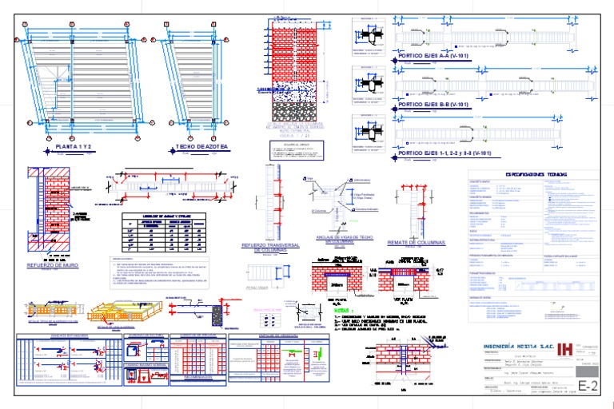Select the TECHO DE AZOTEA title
[201, 148]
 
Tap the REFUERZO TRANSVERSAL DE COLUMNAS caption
[269, 247]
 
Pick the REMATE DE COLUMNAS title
[416, 241]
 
